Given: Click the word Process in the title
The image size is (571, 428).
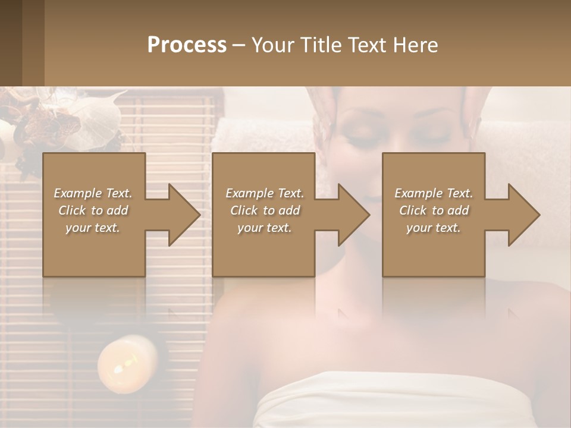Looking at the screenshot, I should [187, 45].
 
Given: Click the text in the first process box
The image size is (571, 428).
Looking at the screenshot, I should [93, 210].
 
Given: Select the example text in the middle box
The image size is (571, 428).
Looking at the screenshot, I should [265, 210].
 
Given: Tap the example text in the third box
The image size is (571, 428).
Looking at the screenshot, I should [434, 210].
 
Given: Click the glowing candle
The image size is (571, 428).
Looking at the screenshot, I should [127, 363].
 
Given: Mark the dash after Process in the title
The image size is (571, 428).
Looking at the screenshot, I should [239, 45].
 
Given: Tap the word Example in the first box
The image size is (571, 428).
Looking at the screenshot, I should [77, 193].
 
